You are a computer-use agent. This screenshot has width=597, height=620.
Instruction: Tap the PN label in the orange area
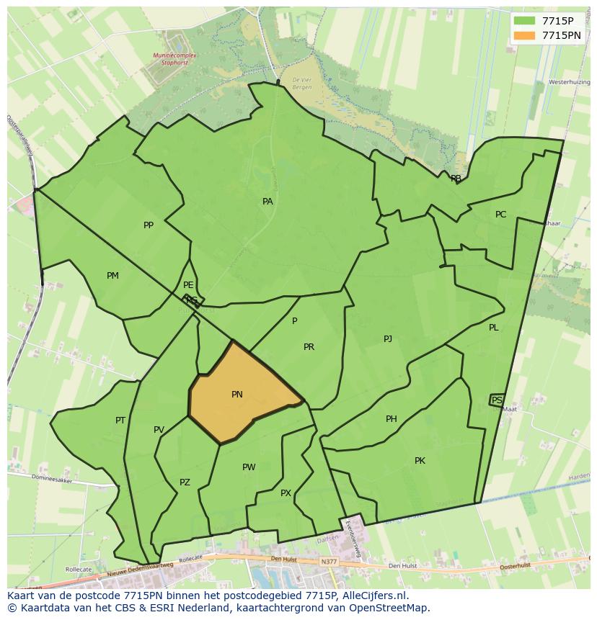(237, 395)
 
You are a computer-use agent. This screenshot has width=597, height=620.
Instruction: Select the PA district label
(267, 202)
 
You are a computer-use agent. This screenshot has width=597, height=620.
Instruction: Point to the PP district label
(149, 225)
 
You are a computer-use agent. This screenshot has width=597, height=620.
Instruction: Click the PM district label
(112, 276)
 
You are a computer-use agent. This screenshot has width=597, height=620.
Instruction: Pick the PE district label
(188, 285)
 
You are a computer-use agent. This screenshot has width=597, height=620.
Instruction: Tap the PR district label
(309, 347)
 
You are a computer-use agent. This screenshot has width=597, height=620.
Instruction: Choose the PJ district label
(388, 338)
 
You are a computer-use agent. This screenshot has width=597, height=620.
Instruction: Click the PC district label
(500, 215)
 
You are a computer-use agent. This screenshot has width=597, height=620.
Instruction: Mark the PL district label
(494, 328)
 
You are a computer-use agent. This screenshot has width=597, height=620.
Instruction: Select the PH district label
(392, 419)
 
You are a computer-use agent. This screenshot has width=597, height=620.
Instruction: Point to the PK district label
(420, 461)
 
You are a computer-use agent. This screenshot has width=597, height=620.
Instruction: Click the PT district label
(120, 421)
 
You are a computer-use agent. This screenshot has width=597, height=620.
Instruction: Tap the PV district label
(159, 431)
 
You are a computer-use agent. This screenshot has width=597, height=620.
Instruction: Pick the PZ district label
(185, 482)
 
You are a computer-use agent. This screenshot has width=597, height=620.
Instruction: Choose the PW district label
(249, 467)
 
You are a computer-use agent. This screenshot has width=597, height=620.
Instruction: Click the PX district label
(286, 493)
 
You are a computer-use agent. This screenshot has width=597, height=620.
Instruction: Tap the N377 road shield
(330, 561)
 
